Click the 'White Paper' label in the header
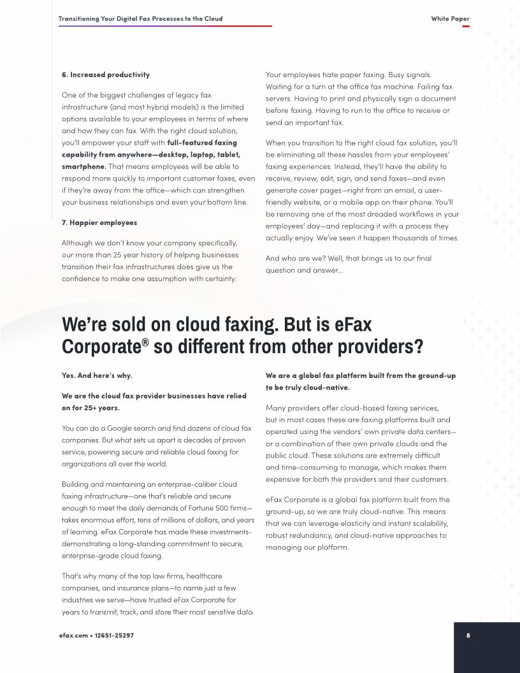[450, 18]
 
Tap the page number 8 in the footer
[468, 635]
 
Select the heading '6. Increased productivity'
[105, 75]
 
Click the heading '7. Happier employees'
[99, 222]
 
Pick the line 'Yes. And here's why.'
[97, 375]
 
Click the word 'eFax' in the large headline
[353, 324]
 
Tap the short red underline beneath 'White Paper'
[466, 26]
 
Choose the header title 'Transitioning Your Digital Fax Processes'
[140, 18]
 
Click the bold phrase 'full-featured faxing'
[202, 142]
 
